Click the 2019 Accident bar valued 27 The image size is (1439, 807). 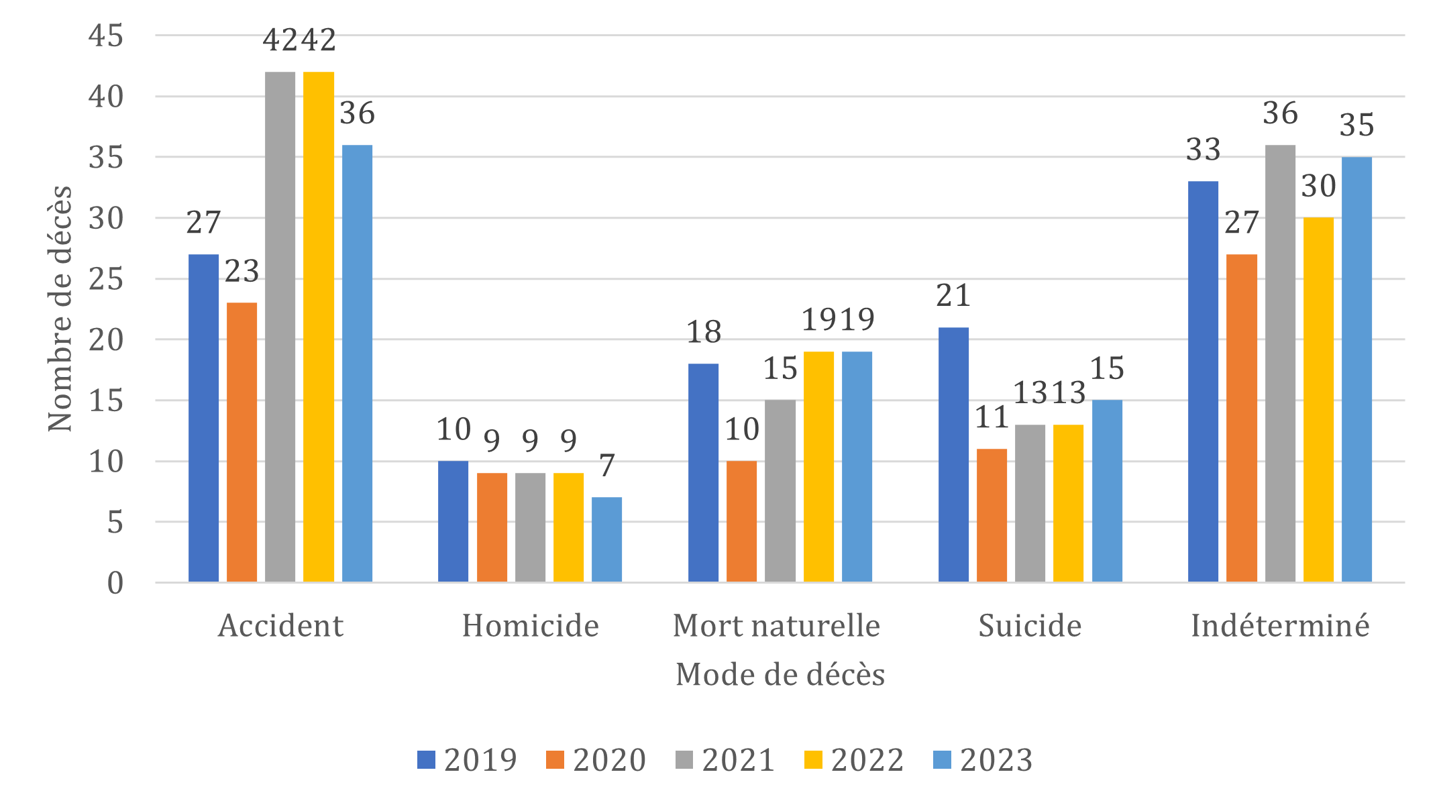coord(204,417)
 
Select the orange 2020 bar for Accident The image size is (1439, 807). coord(242,441)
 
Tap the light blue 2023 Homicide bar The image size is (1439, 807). coord(607,539)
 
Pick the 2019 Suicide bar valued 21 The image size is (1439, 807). coord(953,454)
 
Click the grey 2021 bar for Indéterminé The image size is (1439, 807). coord(1280,363)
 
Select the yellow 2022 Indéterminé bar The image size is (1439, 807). coord(1319,399)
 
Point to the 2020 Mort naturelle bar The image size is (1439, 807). coord(742,521)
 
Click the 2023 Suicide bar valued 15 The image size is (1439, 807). coord(1107,490)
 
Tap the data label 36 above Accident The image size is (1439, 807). coord(357,113)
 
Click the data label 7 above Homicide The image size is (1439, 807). coord(607,466)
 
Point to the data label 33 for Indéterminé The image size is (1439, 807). coord(1204,149)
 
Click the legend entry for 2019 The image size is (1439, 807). coord(467,760)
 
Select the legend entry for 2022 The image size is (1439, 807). coord(854,760)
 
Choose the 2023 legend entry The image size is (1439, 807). coord(983,760)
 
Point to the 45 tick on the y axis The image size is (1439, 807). coord(106,36)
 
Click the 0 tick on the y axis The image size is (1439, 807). coord(115,583)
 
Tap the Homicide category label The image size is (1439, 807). coord(530,626)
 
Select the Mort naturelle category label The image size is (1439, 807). coord(776,626)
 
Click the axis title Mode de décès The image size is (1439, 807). coord(780,675)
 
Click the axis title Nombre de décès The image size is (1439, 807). coord(60,309)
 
